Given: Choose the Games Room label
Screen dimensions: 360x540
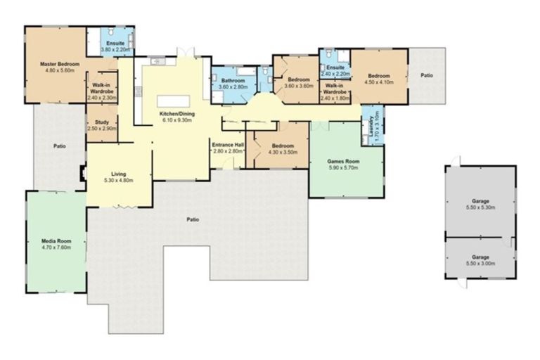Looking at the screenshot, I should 343,161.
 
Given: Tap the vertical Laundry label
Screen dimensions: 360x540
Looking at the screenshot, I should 370,124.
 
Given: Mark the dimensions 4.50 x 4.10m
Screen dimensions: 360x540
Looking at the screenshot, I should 378,82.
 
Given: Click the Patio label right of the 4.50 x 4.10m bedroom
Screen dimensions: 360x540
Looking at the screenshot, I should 426,75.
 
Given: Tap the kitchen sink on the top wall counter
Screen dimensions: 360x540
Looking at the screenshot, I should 156,63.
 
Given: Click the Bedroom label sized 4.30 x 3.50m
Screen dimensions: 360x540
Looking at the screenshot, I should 281,147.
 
